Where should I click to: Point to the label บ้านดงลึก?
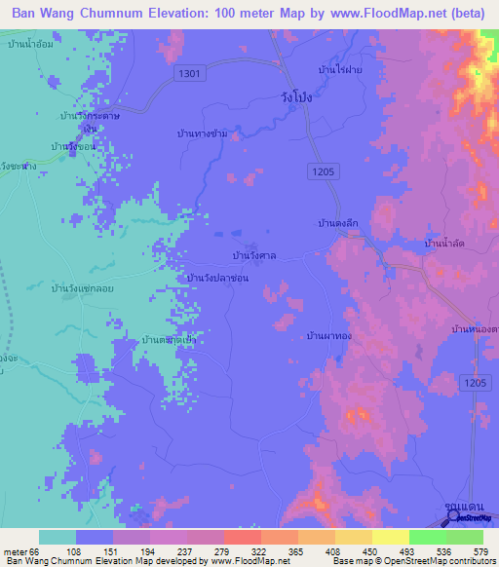point(340,223)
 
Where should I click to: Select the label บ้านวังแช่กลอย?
point(73,290)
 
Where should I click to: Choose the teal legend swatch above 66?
point(58,537)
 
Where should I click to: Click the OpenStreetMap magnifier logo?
point(453,517)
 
